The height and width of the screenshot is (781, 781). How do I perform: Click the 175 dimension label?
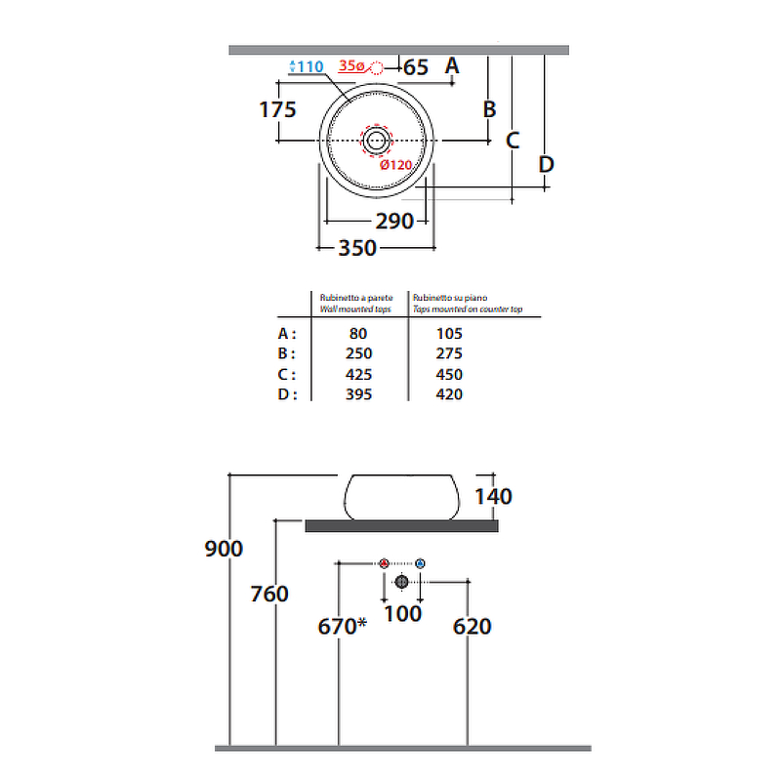277,109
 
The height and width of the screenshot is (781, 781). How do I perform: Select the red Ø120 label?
396,165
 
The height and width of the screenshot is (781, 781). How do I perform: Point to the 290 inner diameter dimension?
394,222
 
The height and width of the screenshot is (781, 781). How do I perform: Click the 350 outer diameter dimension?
357,248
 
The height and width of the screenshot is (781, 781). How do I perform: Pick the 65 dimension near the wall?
416,67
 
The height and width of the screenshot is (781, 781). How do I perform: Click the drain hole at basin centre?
376,141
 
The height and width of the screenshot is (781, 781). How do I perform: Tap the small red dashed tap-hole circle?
377,67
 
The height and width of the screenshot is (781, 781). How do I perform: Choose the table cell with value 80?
358,333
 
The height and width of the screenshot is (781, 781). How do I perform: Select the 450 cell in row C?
449,374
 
